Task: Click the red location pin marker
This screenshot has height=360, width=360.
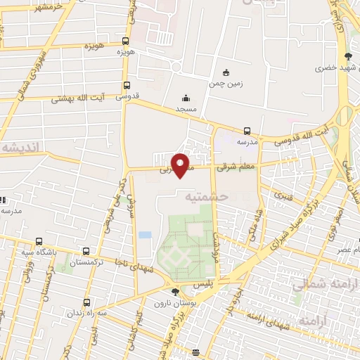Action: coord(181,165)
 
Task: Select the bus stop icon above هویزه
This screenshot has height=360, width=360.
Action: coord(126,41)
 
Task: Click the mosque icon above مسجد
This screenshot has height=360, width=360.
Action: coord(185,98)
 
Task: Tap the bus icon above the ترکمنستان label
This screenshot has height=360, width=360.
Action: coord(86,251)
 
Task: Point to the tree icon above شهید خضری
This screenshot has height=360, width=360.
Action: coord(347,57)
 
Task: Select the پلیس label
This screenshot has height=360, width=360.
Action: coord(224,280)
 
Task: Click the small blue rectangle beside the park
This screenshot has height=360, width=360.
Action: coord(145,234)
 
